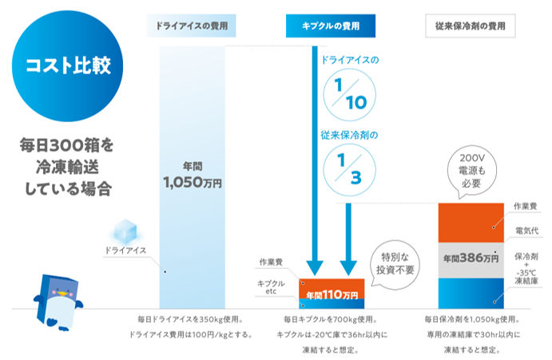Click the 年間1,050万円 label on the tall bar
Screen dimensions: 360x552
[192, 175]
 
